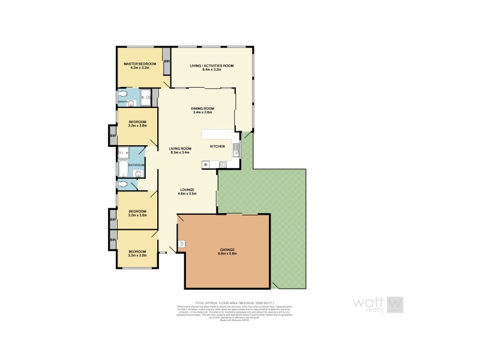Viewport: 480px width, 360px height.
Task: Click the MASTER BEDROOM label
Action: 140,64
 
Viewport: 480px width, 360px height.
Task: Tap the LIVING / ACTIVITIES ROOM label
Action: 211,65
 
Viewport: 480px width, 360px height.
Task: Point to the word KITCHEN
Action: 217,146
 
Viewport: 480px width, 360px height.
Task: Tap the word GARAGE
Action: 227,249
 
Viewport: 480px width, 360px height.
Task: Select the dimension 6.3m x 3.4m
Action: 179,153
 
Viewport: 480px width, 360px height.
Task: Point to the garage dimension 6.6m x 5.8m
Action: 227,254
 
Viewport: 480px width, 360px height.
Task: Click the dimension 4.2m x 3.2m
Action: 140,68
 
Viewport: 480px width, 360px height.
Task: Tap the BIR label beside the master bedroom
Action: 166,62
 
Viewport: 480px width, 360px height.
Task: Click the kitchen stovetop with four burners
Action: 223,164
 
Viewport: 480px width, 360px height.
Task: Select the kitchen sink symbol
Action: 236,150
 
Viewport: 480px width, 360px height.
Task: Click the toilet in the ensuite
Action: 122,94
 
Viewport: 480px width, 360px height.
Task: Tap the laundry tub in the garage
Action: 182,243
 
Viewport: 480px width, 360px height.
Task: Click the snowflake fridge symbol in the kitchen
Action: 206,164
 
